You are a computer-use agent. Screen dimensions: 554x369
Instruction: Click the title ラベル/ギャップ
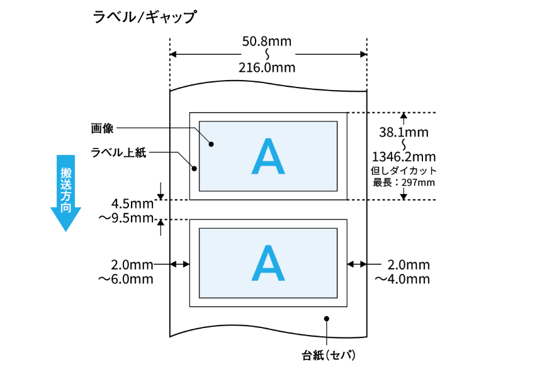[145, 16]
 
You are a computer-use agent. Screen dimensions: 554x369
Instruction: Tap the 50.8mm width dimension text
[267, 42]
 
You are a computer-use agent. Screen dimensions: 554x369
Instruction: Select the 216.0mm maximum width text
[267, 67]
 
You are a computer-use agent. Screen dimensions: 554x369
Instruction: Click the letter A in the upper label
[268, 156]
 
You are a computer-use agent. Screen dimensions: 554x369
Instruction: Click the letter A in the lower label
[268, 263]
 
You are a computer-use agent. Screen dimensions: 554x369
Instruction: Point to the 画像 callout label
[102, 128]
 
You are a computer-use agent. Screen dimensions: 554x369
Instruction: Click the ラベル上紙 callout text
[118, 152]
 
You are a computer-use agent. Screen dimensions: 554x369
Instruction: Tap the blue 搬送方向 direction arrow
[65, 193]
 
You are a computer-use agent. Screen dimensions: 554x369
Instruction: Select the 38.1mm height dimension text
[404, 132]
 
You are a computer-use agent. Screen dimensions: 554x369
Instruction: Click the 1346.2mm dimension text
[404, 157]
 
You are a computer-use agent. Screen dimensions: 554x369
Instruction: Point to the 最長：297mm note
[404, 183]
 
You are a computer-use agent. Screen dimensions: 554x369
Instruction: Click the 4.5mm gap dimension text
[132, 203]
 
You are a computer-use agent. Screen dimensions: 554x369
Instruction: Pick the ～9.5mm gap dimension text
[126, 218]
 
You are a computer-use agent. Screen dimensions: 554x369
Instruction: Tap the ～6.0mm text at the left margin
[126, 279]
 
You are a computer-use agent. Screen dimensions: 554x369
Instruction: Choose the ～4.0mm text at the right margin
[402, 279]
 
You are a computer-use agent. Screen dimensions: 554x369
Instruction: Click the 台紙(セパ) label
[328, 355]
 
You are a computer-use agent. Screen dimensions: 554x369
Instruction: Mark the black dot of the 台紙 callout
[327, 319]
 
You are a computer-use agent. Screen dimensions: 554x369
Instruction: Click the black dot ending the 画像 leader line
[212, 144]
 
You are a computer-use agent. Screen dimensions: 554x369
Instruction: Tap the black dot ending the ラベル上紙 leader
[194, 169]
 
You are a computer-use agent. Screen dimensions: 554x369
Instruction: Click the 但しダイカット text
[404, 171]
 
